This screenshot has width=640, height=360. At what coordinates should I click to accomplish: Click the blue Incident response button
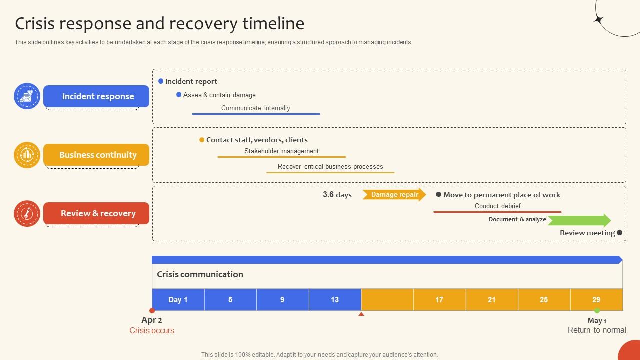click(x=96, y=96)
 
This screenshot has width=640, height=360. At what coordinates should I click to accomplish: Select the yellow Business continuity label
click(x=96, y=155)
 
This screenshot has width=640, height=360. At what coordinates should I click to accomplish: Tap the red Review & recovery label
click(x=96, y=213)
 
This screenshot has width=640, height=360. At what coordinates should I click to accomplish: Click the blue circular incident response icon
click(x=27, y=96)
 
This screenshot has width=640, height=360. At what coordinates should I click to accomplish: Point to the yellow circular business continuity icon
click(x=27, y=155)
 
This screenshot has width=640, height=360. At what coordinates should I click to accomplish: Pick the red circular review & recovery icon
click(x=27, y=213)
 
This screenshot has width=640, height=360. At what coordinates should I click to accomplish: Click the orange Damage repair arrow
click(x=394, y=195)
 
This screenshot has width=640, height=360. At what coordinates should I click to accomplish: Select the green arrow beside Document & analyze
click(x=579, y=220)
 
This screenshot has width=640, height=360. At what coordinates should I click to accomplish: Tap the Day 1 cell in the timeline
click(x=178, y=300)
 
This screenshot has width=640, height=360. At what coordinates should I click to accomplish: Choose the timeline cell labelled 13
click(x=335, y=300)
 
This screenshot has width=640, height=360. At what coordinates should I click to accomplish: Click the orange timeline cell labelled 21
click(x=492, y=300)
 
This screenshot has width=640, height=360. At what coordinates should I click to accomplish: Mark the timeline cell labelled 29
click(x=596, y=300)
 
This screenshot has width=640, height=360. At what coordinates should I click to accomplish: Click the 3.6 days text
click(x=337, y=195)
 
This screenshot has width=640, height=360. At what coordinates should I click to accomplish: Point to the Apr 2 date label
click(x=152, y=320)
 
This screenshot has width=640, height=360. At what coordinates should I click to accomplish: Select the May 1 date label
click(x=597, y=321)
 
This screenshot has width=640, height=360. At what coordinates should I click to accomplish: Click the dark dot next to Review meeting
click(x=620, y=233)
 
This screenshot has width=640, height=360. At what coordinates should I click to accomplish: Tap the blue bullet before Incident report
click(x=161, y=81)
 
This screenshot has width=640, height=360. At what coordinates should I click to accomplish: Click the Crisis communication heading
click(x=200, y=274)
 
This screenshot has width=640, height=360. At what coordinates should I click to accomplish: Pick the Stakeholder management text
click(x=281, y=151)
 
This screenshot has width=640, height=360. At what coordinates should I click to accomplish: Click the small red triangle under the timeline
click(x=361, y=314)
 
